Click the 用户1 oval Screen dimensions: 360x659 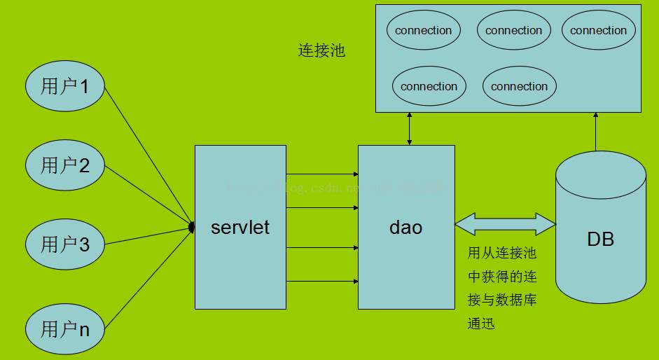[66, 87]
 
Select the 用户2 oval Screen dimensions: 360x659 [66, 165]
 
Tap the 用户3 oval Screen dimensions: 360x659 [66, 244]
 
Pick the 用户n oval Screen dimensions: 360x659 [66, 328]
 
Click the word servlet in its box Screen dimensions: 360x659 [240, 228]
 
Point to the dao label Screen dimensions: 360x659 [406, 228]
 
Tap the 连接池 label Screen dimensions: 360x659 [321, 51]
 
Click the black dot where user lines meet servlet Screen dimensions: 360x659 [191, 227]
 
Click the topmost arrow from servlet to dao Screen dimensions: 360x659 [322, 174]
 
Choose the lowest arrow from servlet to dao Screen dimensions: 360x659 [322, 282]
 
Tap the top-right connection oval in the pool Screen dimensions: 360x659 [598, 31]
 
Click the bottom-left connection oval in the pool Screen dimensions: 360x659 [429, 87]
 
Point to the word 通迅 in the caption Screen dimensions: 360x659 [482, 324]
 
